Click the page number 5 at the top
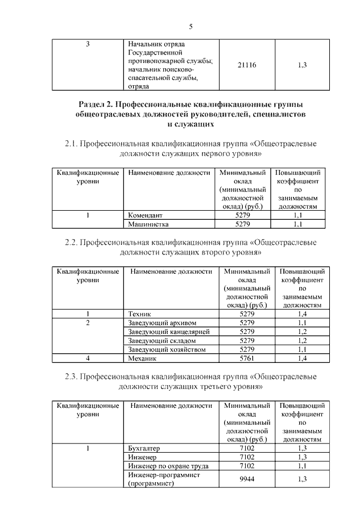pyautogui.click(x=191, y=27)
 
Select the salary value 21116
pyautogui.click(x=247, y=65)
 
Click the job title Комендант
pyautogui.click(x=145, y=216)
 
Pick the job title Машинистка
pyautogui.click(x=148, y=224)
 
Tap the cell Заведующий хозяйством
pyautogui.click(x=166, y=349)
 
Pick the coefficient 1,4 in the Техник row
pyautogui.click(x=302, y=314)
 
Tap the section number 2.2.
pyautogui.click(x=71, y=243)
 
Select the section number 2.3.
pyautogui.click(x=71, y=377)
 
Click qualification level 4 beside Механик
pyautogui.click(x=88, y=358)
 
